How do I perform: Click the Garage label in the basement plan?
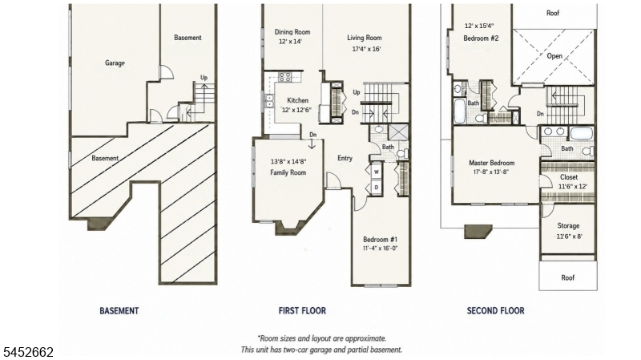click(x=115, y=63)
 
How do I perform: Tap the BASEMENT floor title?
click(x=119, y=311)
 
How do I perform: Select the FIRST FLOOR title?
click(x=302, y=311)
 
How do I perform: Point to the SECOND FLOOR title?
click(x=495, y=311)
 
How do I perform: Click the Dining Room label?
click(x=292, y=32)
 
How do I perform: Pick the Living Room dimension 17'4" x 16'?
click(x=366, y=49)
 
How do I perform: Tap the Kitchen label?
click(x=297, y=100)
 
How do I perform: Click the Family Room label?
click(x=288, y=172)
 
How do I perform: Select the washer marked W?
click(x=376, y=172)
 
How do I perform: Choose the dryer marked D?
click(x=376, y=188)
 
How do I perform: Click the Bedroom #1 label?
click(x=380, y=239)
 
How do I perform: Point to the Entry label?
click(x=345, y=158)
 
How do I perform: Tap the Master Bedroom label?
click(x=491, y=163)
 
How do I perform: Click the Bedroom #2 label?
click(x=481, y=38)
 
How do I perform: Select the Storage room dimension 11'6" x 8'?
click(x=569, y=237)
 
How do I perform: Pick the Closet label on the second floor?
click(x=569, y=177)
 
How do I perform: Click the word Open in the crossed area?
click(x=554, y=56)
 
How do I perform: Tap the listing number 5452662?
click(x=29, y=352)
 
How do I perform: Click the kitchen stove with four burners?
click(x=285, y=76)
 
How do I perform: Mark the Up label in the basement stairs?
click(x=204, y=77)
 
